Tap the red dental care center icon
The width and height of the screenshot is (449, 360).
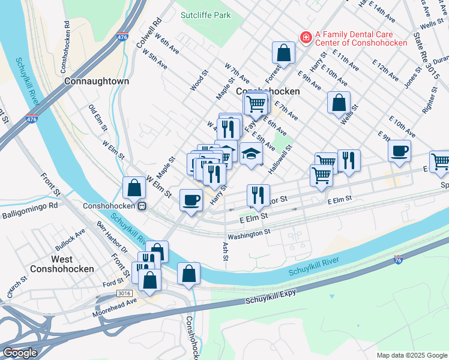306,38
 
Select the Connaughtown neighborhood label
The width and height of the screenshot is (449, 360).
96,80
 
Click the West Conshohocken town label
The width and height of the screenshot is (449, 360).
62,264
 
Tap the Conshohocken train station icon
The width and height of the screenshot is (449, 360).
142,206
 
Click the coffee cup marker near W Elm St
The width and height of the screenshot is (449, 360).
191,199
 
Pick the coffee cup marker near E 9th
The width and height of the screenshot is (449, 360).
399,151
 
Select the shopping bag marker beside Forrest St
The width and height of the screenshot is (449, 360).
283,53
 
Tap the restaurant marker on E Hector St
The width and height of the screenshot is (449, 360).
258,195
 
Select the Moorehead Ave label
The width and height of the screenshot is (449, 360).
115,308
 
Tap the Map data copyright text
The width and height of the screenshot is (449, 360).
411,355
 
